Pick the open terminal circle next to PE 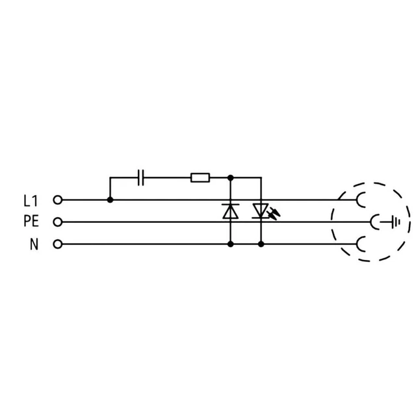tap(57, 222)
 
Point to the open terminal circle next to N tap(57, 244)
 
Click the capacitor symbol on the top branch tap(142, 176)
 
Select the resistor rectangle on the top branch tap(200, 176)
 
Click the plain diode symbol tap(229, 211)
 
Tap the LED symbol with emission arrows tap(261, 211)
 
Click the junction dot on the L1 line tap(110, 200)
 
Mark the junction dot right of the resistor tap(229, 176)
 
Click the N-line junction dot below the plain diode tap(229, 244)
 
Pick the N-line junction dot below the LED tap(261, 244)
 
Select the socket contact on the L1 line tap(360, 200)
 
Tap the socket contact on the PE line tap(375, 222)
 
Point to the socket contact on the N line tap(360, 244)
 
